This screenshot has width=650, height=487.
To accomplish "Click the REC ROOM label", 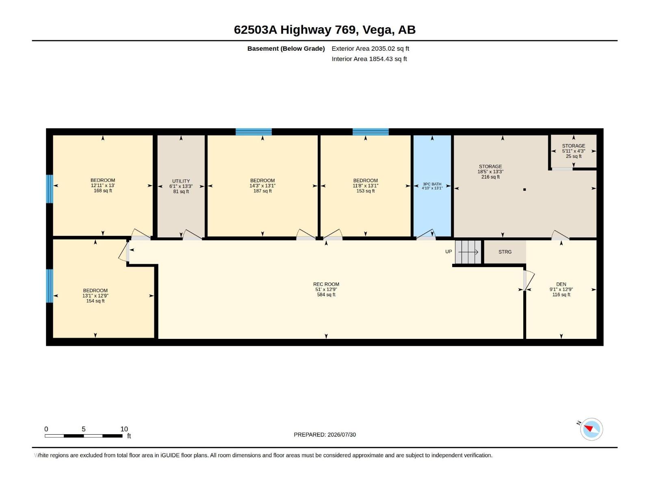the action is click(326, 284).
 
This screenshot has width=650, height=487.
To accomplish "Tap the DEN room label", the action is click(561, 284).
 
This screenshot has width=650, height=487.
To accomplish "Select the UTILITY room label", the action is click(181, 181).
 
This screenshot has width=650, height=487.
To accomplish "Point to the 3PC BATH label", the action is click(432, 184).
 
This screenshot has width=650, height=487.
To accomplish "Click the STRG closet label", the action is click(505, 252).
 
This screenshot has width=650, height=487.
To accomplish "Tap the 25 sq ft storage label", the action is click(574, 156).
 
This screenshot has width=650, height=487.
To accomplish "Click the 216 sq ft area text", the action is click(490, 177).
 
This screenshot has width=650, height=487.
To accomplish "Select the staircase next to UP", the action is click(468, 252).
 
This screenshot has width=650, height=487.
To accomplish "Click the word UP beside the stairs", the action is click(448, 252).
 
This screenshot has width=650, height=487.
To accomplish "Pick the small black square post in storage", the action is click(524, 190).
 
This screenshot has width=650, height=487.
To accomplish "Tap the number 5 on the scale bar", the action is click(84, 429).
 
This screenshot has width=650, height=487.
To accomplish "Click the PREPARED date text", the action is click(325, 435).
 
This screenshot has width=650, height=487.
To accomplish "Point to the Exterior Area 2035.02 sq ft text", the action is click(370, 48).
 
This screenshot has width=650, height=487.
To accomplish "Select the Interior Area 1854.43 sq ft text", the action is click(369, 59).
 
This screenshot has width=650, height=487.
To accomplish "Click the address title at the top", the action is click(325, 30).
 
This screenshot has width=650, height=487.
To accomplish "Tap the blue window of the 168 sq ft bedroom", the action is click(50, 189).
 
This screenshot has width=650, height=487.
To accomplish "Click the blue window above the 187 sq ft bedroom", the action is click(253, 132).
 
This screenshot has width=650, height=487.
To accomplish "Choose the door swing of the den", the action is click(529, 280).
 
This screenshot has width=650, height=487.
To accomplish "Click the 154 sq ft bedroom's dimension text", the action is click(95, 296).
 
